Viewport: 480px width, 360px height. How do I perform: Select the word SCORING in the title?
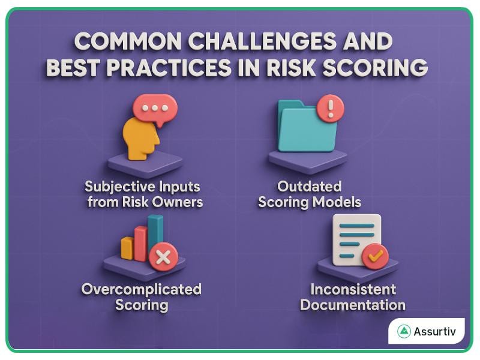pos(380,68)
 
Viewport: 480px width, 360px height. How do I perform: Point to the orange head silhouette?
pos(140,137)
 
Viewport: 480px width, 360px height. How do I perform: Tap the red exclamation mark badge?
pos(331,109)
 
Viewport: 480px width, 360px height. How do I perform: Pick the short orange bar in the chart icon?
pos(127,247)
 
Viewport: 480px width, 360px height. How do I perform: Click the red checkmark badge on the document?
pos(375,256)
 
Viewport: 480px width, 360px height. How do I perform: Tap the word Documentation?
pos(353,305)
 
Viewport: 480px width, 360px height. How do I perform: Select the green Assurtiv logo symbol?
pos(404,331)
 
